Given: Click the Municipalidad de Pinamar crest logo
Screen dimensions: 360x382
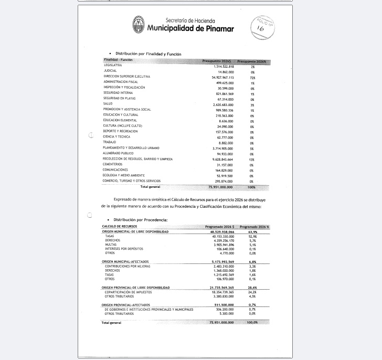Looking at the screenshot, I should (x=139, y=25).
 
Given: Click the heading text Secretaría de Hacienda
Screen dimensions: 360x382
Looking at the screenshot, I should (x=187, y=20).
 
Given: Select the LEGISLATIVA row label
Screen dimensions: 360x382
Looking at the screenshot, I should (x=113, y=66).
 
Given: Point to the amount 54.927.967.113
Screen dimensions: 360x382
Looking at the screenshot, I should (x=219, y=77).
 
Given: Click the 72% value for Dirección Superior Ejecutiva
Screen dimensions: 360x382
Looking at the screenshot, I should (x=252, y=77).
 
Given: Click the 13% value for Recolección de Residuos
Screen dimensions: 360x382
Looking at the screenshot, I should (x=252, y=159).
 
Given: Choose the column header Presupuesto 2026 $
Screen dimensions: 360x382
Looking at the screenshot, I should (x=217, y=60).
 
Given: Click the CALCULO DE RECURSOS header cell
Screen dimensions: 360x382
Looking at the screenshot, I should (x=119, y=226).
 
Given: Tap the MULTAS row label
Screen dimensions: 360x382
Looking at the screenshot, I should (x=111, y=244).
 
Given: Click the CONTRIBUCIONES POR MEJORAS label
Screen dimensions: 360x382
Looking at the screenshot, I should (x=128, y=266).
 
